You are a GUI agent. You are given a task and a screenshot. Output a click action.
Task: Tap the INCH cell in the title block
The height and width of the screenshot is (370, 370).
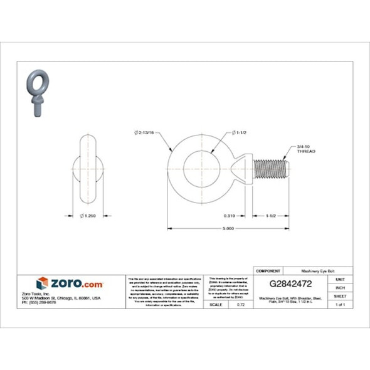coord(340,287)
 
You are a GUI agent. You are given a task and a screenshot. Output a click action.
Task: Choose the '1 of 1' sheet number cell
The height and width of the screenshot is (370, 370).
coord(340,304)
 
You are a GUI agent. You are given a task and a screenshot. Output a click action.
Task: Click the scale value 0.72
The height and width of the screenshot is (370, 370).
coord(240,304)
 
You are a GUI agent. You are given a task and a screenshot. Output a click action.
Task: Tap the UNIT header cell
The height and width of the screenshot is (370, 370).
coord(340,278)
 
